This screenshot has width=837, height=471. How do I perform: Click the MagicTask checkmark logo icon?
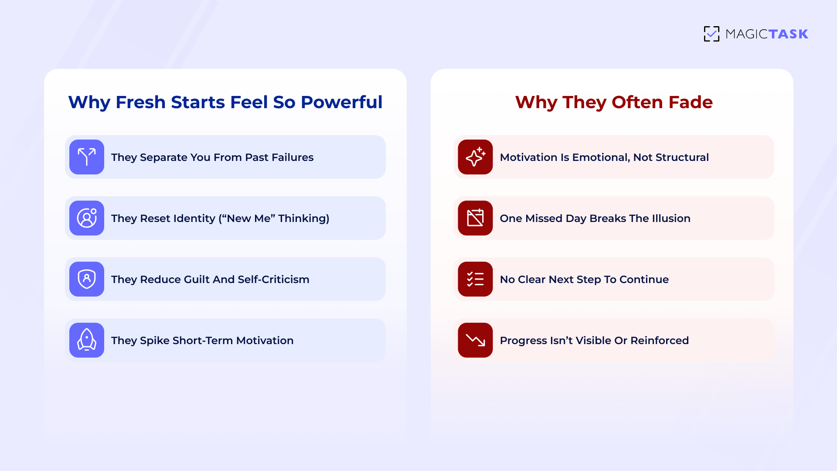(711, 34)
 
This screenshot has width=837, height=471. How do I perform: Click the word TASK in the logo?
(788, 34)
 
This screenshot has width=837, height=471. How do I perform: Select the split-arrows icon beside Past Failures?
(87, 157)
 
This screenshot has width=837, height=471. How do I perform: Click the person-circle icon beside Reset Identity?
(87, 218)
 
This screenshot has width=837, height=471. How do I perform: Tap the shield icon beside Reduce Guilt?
(87, 279)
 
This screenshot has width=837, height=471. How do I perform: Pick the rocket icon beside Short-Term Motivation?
(87, 340)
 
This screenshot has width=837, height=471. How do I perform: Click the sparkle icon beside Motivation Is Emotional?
(475, 157)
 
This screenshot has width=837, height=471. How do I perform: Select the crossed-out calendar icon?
(475, 218)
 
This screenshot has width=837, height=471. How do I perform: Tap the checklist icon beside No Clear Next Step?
(475, 279)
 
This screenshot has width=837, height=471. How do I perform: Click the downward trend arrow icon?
(475, 340)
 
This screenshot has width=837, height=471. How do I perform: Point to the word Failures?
(293, 157)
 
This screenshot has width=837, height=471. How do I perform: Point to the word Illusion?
(671, 218)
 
